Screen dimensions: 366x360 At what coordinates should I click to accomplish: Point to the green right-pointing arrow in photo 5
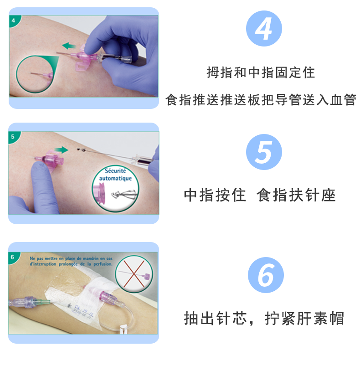60,149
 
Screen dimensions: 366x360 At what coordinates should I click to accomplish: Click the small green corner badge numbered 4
13,21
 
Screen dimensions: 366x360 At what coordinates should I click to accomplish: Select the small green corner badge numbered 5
13,136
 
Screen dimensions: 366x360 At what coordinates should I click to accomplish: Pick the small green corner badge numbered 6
13,257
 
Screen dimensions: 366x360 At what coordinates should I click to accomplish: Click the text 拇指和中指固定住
261,72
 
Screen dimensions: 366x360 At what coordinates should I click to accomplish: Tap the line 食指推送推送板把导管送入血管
261,100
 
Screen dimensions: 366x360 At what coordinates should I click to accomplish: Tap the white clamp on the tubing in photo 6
123,329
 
